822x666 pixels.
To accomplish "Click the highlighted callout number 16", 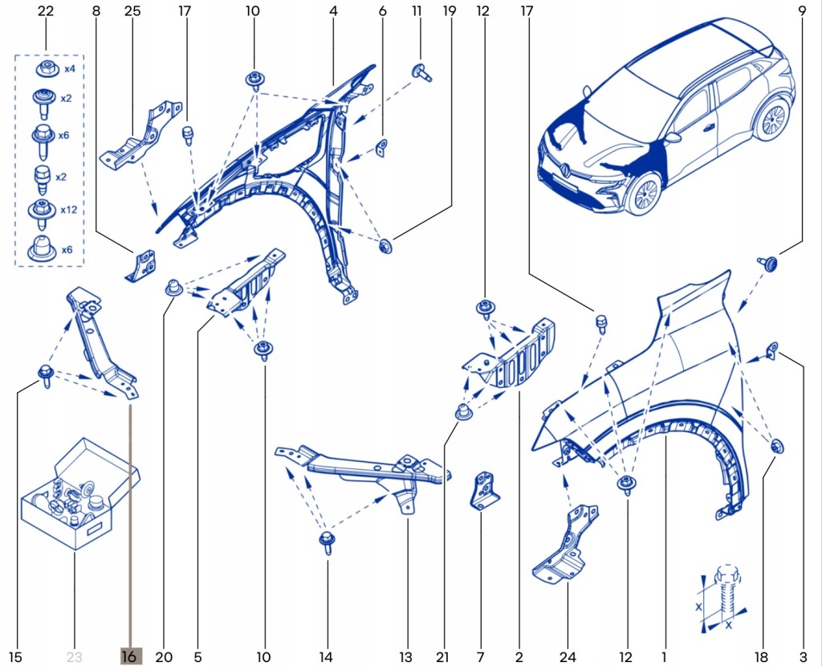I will [129, 656].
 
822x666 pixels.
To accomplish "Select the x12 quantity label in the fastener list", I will [68, 210].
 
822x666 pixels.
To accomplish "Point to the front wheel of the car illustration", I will [645, 194].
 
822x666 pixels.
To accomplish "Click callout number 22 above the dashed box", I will [46, 11].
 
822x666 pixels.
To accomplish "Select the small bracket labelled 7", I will [482, 489].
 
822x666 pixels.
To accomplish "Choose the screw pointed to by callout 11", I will [421, 72].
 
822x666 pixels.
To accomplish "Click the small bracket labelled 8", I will [141, 265].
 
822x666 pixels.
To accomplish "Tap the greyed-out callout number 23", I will [74, 656].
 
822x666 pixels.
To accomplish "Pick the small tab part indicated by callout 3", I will [771, 350].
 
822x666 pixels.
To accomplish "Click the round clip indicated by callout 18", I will [776, 447].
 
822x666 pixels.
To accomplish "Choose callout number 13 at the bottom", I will [405, 656].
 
